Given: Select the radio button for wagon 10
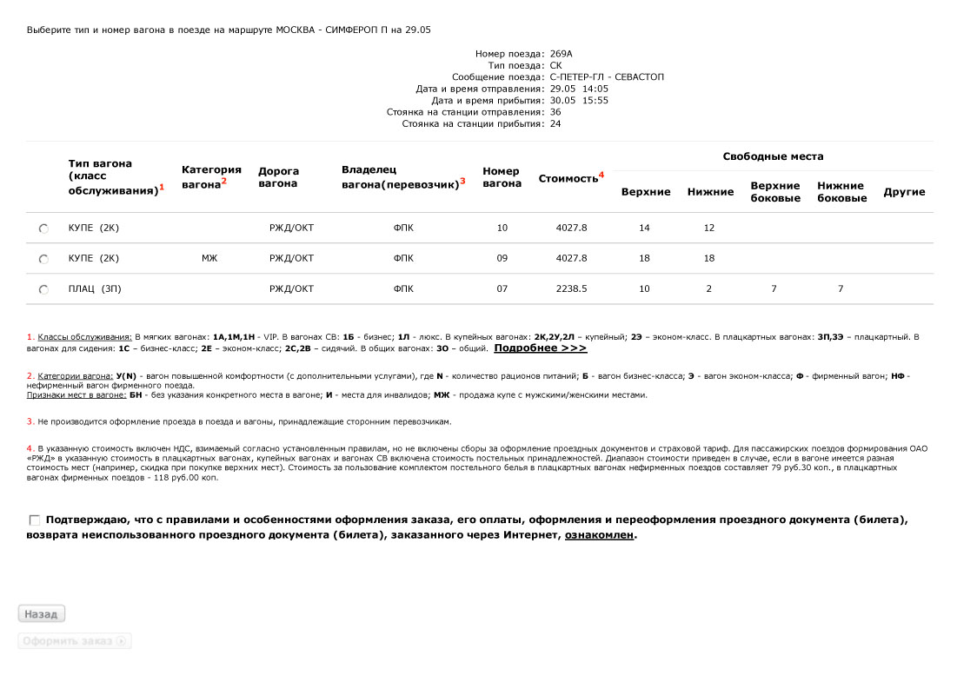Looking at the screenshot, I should coord(43,229).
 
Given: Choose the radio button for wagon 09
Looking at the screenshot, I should coord(43,259).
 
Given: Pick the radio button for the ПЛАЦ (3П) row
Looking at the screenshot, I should coord(43,289).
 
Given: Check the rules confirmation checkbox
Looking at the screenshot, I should coord(35,520).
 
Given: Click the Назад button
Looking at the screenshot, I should coord(42,614).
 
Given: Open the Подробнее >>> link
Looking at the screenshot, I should coord(540,348).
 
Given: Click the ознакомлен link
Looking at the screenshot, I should coord(599,535).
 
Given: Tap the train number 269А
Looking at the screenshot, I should coord(562,54).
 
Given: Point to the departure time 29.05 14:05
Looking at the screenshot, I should coord(579,89).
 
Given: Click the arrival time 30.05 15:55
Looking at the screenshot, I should coord(579,100).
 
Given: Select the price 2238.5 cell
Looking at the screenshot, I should coord(571,288).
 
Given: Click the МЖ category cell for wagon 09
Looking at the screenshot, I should coord(209,258).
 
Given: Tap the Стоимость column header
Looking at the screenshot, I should coord(568,178).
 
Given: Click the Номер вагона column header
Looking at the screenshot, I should coord(502,177).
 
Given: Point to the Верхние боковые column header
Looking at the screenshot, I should coord(775,192).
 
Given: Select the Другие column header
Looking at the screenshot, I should coord(904,192).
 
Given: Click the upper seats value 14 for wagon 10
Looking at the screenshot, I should coord(644,228).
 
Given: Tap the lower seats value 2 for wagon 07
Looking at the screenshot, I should coord(708,288).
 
